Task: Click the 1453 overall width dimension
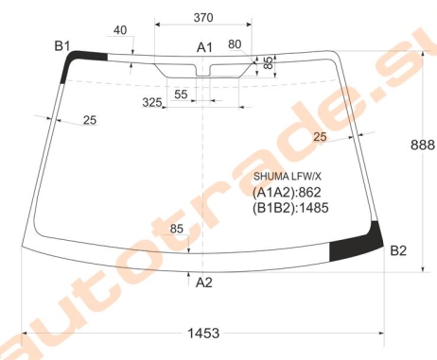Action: click(x=203, y=333)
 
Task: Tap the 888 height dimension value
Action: click(x=423, y=145)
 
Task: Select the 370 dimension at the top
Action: click(x=203, y=18)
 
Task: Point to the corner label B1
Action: click(x=62, y=46)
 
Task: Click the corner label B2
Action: click(x=398, y=250)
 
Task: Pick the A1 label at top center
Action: click(x=205, y=47)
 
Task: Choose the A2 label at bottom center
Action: click(x=204, y=283)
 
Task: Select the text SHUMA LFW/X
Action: click(x=288, y=177)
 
